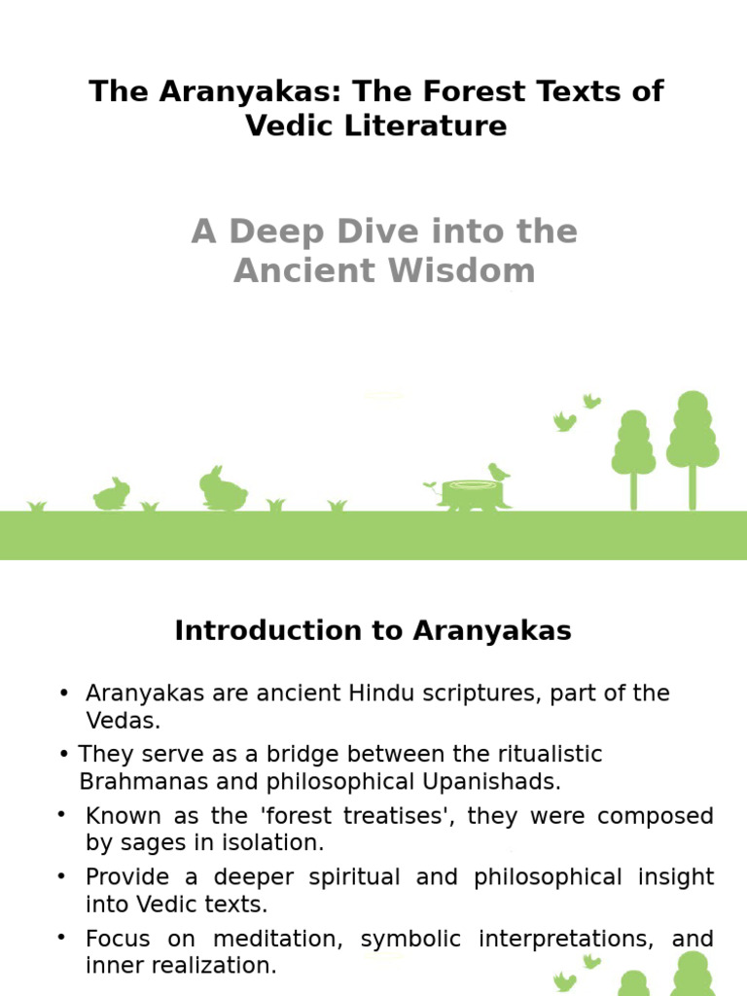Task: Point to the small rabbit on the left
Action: tap(111, 495)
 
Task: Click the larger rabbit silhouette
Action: tap(223, 490)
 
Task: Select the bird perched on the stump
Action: tap(498, 473)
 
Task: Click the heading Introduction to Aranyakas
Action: tap(373, 631)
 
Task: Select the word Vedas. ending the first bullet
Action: tap(123, 721)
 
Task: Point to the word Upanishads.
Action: tap(491, 781)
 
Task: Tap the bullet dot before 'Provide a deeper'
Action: tap(62, 876)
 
